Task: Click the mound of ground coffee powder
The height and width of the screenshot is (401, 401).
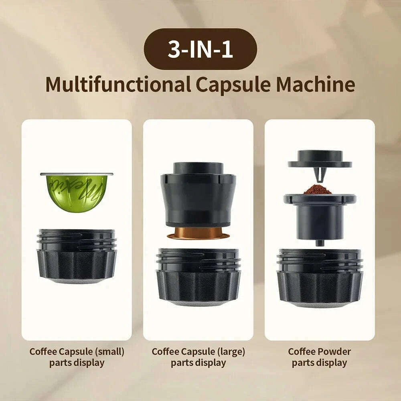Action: click(x=318, y=189)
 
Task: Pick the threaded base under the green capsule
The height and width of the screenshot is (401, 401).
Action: click(x=77, y=257)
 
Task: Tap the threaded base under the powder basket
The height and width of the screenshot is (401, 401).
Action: click(x=320, y=277)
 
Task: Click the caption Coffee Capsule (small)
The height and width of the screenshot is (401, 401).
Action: click(x=77, y=352)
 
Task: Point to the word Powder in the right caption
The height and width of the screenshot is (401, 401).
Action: click(x=334, y=352)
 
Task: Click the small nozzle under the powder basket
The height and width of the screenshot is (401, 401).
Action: click(x=319, y=242)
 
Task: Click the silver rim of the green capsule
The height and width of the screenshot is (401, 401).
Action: click(x=77, y=174)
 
